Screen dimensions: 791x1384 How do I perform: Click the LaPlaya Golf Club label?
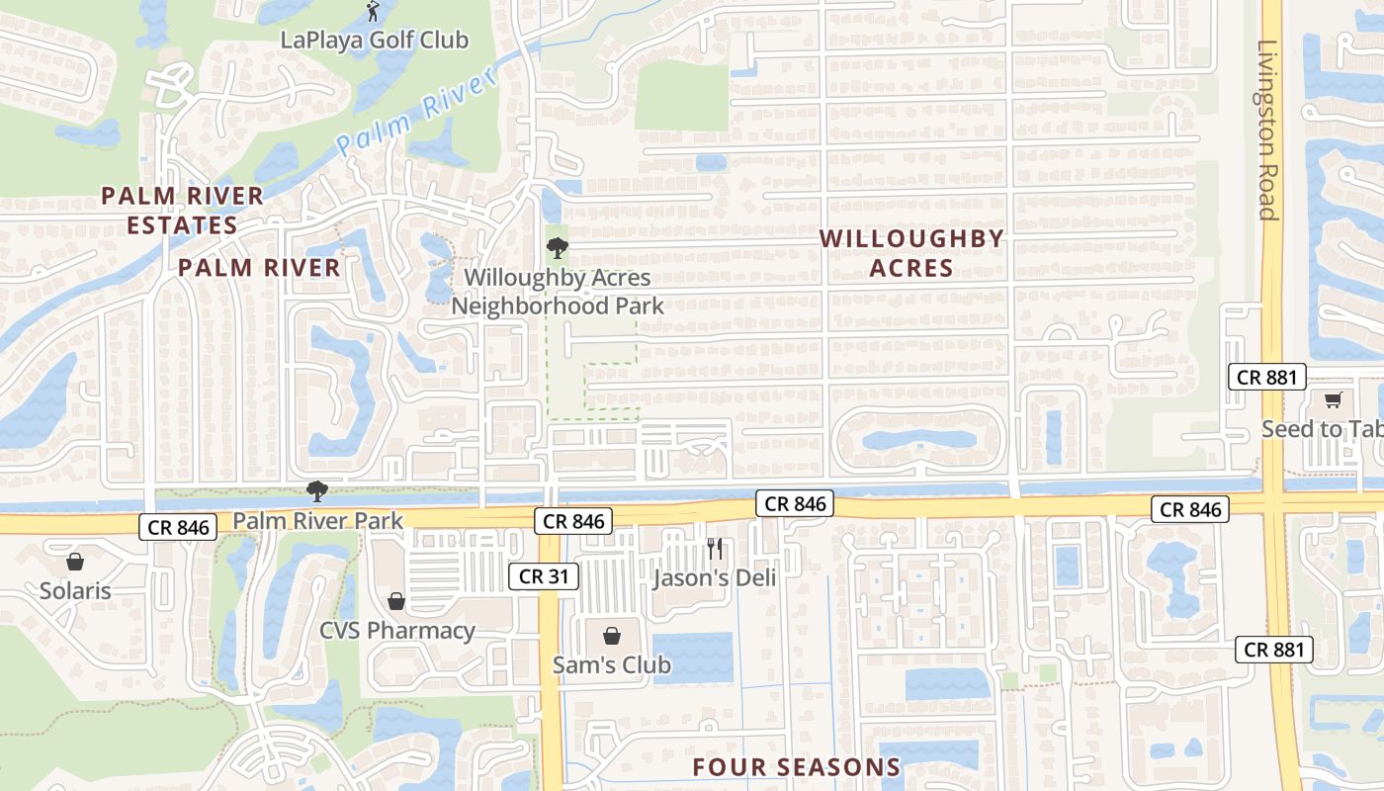(374, 41)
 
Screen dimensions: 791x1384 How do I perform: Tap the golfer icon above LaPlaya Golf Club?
(373, 12)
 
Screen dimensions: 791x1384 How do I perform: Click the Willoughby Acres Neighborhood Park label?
(558, 292)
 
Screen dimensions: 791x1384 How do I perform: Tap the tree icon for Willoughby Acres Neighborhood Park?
(558, 247)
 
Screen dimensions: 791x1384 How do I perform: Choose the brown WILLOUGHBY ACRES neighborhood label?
(911, 253)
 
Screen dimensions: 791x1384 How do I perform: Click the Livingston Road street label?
(1267, 130)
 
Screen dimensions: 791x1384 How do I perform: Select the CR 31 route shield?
(544, 576)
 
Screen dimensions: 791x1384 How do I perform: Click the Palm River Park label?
(318, 521)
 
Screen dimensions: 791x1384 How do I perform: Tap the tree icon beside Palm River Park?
(316, 489)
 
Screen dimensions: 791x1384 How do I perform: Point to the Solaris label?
(75, 591)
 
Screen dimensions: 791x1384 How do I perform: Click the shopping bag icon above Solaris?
(75, 562)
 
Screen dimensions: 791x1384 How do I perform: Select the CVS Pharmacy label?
(397, 631)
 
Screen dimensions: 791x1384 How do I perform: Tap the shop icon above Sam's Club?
(612, 636)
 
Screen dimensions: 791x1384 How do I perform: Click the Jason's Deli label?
(715, 578)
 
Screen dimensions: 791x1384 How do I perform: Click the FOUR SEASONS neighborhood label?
(797, 767)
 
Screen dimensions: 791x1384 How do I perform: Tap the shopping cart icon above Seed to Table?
(1333, 400)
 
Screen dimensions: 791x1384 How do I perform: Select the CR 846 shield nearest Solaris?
(179, 527)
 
